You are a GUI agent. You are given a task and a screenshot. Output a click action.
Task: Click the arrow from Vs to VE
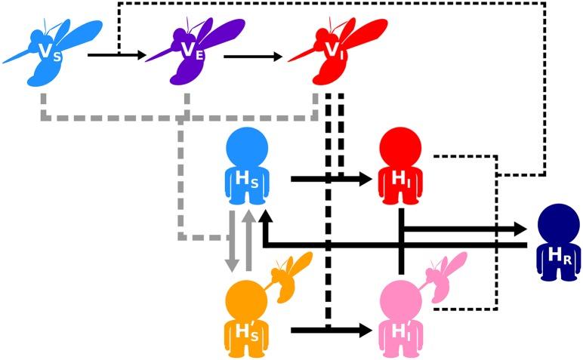[x=117, y=55]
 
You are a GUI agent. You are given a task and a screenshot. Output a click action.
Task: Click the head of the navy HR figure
[x=558, y=223]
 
